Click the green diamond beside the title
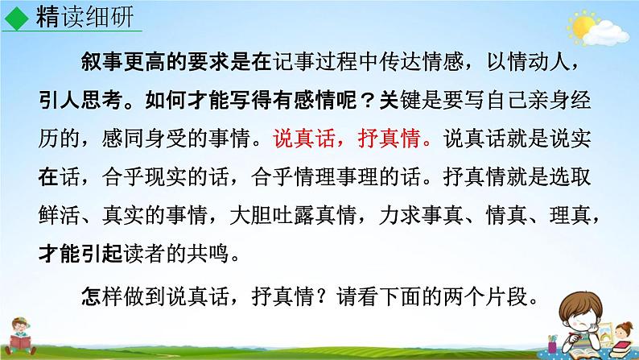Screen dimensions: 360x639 (19, 17)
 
